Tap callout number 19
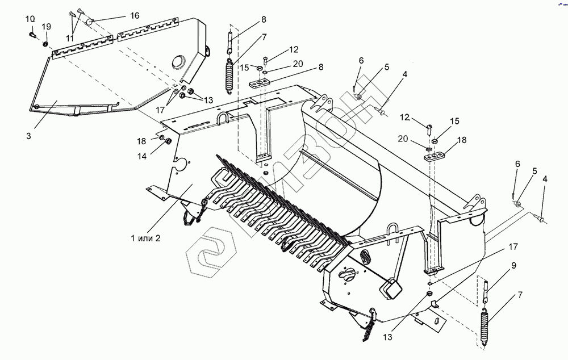click(x=46, y=27)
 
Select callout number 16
click(x=134, y=16)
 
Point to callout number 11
click(x=70, y=38)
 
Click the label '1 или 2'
click(x=145, y=238)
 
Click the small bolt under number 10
click(x=32, y=36)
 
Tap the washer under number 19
click(x=45, y=44)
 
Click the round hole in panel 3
click(x=178, y=61)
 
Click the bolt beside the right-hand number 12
click(x=430, y=127)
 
